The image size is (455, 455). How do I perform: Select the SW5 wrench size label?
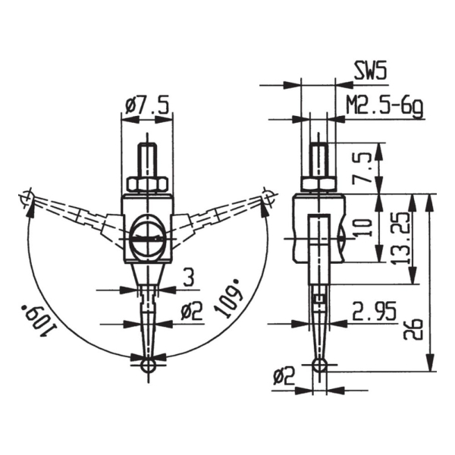pyautogui.click(x=370, y=72)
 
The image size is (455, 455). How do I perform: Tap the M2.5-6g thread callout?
pyautogui.click(x=384, y=106)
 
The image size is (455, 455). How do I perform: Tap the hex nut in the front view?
pyautogui.click(x=146, y=184)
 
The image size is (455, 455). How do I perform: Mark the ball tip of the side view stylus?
pyautogui.click(x=319, y=366)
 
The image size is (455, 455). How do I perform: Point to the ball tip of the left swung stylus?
pyautogui.click(x=27, y=199)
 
